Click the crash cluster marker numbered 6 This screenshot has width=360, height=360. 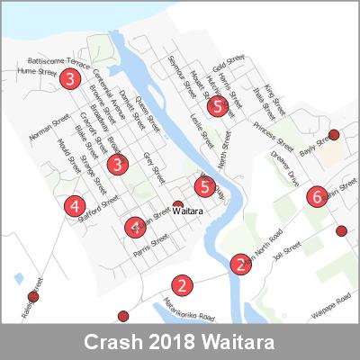(x=316, y=196)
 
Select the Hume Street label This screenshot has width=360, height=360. (x=37, y=69)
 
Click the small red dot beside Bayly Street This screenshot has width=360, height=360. (x=334, y=135)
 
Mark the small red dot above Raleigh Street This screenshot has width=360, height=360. (x=33, y=296)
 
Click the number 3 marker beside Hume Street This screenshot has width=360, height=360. (x=69, y=80)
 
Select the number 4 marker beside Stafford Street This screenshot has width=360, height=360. (x=75, y=206)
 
